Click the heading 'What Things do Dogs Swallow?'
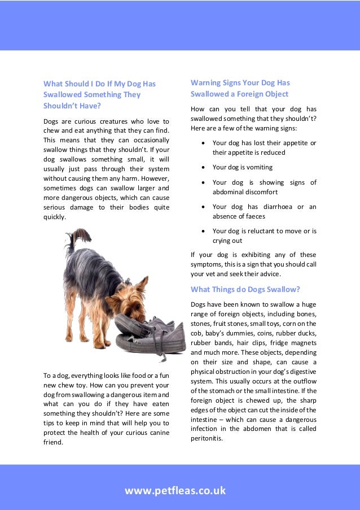245,290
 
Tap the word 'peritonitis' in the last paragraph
207,438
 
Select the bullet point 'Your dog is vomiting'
242,167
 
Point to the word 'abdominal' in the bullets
230,192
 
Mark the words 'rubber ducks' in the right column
297,333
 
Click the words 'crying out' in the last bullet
227,241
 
